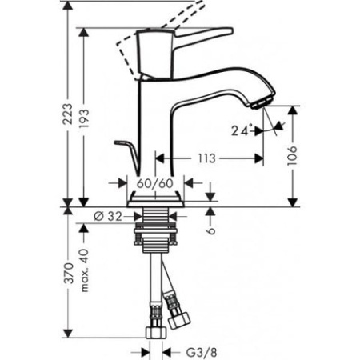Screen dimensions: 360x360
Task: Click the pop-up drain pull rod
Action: [127, 149]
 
